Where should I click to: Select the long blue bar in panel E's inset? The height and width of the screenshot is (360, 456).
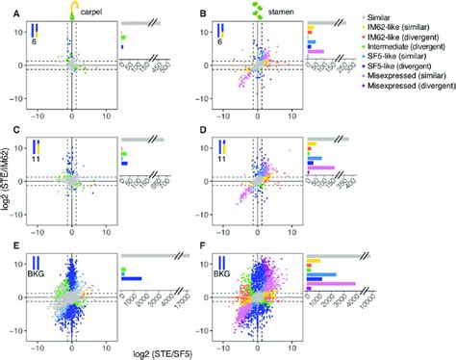(132, 279)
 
